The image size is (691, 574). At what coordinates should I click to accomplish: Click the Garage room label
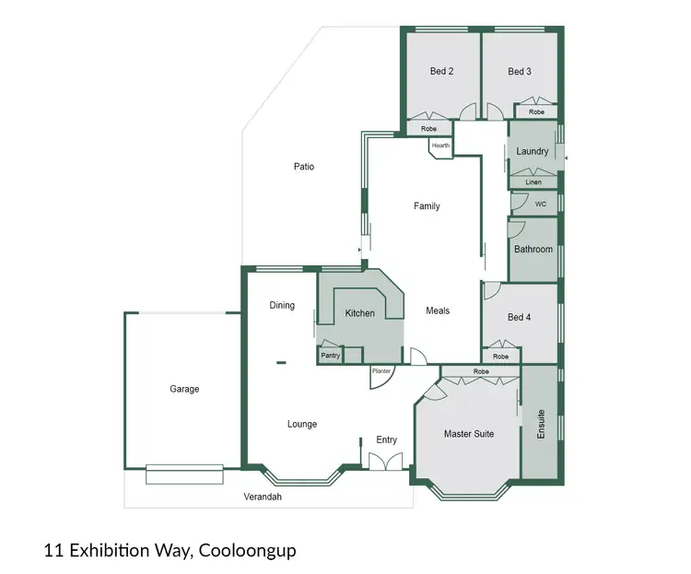click(184, 390)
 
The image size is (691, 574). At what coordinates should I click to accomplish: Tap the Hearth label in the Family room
click(440, 146)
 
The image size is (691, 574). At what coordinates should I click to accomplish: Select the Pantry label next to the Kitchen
click(329, 355)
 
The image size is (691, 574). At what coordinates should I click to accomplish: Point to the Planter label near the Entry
click(381, 371)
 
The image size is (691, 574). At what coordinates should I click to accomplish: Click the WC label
click(541, 205)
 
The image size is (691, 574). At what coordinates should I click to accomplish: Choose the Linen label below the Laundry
click(533, 182)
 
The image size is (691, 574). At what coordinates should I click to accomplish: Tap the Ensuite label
click(541, 423)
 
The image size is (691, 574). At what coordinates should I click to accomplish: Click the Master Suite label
click(469, 433)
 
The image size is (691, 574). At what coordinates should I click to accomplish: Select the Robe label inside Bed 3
click(536, 112)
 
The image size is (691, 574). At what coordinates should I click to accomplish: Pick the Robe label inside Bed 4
click(500, 357)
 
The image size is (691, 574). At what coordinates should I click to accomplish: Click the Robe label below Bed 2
click(428, 129)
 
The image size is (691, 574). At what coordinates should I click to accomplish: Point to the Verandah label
click(263, 497)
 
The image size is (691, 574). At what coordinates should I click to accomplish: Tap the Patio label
click(304, 167)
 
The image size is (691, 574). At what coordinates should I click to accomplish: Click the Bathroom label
click(533, 250)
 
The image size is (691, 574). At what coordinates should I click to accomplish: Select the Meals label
click(438, 310)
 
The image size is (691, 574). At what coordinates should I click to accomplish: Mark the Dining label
click(282, 305)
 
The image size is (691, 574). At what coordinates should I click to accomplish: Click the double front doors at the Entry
click(385, 462)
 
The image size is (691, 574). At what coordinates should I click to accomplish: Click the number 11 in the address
click(53, 551)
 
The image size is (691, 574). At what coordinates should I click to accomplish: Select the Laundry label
click(533, 151)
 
